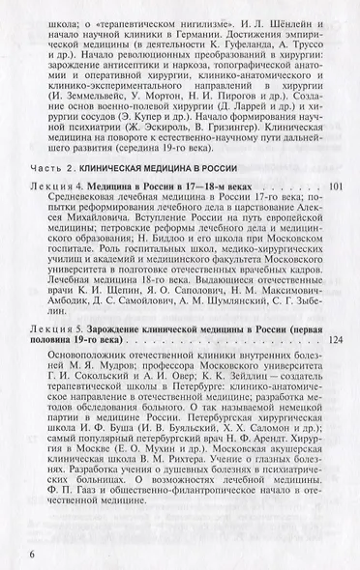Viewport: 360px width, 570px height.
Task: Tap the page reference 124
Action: pyautogui.click(x=335, y=340)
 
